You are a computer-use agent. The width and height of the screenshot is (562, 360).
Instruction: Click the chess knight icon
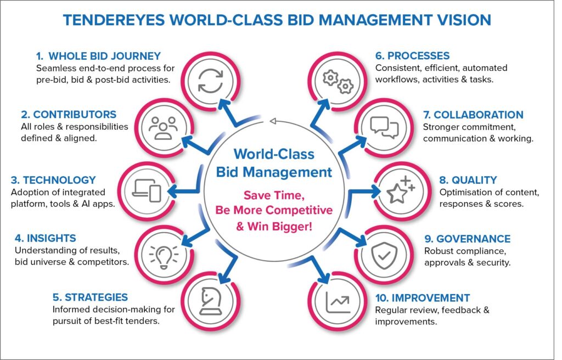tap(211, 301)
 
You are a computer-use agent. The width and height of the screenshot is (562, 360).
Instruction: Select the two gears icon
tap(338, 82)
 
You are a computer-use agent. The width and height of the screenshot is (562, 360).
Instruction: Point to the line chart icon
tap(338, 302)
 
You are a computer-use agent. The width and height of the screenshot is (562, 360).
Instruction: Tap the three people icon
tap(163, 127)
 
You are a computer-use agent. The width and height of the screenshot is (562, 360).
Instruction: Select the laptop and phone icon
tap(147, 190)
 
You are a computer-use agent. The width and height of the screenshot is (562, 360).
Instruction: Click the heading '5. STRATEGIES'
tap(90, 297)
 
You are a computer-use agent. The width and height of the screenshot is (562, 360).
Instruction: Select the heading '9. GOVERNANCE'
tap(468, 239)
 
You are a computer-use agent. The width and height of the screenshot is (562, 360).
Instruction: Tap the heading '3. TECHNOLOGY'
tap(53, 180)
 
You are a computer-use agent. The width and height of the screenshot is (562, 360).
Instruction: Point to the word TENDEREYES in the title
tap(114, 20)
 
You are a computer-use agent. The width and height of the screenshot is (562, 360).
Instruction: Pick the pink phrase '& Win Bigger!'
tap(274, 227)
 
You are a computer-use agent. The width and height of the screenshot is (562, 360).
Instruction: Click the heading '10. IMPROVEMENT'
tap(423, 298)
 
